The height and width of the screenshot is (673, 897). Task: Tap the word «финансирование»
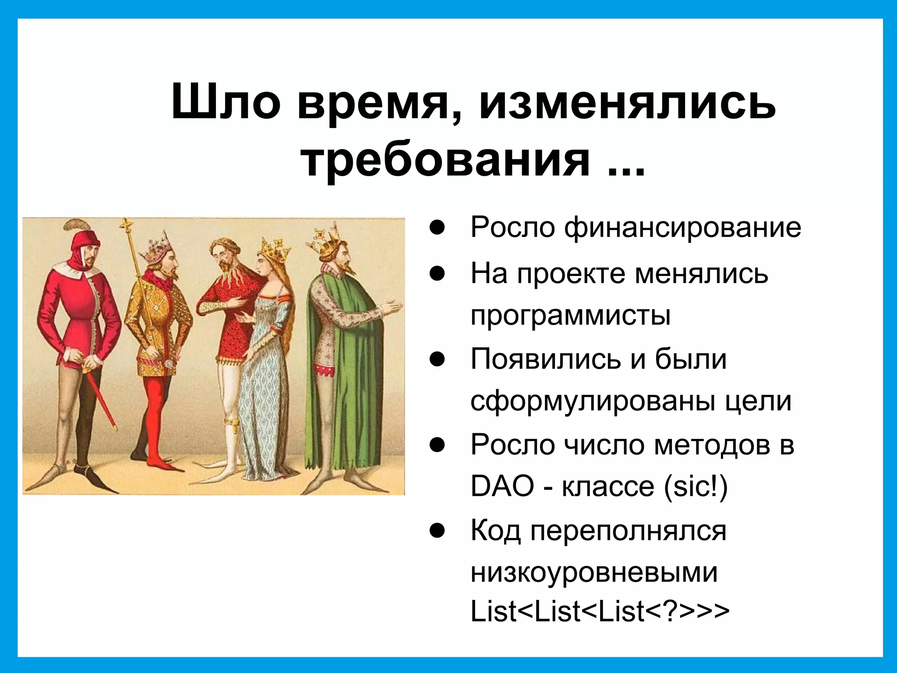pos(682,227)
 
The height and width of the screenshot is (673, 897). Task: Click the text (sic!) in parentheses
pos(696,486)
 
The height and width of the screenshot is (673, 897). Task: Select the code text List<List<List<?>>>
pos(600,612)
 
